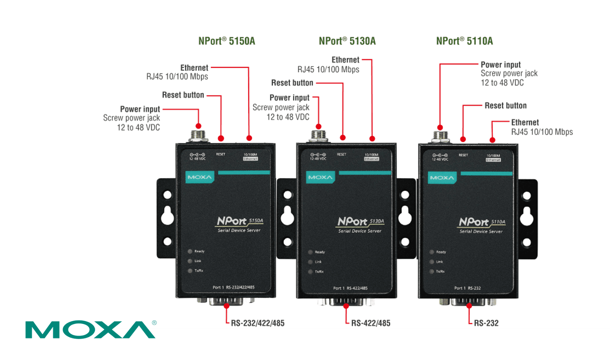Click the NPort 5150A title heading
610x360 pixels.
227,41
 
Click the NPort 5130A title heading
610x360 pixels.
347,41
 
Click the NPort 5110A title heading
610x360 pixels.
464,41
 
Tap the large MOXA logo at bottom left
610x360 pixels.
90,329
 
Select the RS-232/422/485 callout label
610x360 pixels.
258,323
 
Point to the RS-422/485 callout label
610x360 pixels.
371,323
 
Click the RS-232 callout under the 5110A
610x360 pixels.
486,323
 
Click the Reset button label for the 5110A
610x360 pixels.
505,106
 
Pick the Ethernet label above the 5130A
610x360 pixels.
345,60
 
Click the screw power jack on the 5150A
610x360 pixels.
198,135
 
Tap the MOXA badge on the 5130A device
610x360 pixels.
320,177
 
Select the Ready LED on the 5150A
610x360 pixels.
190,251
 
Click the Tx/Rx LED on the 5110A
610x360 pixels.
432,271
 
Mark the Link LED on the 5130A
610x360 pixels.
310,262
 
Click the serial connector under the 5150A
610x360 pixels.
226,301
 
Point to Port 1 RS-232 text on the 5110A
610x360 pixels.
467,288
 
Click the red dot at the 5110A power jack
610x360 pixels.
440,127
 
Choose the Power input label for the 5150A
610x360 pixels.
140,109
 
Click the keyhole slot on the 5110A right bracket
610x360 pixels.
526,216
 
